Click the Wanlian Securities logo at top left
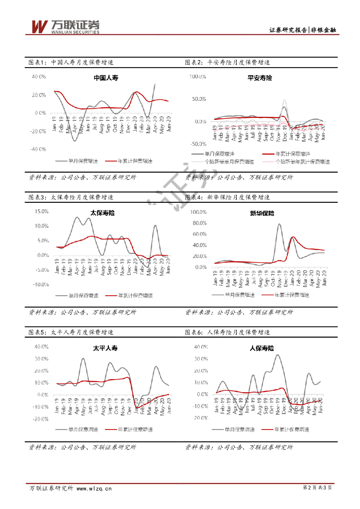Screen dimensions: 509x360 pyautogui.click(x=65, y=26)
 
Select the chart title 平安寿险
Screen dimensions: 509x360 pyautogui.click(x=260, y=78)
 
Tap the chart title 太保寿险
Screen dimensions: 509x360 pyautogui.click(x=102, y=213)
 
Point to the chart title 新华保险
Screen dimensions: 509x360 pyautogui.click(x=262, y=213)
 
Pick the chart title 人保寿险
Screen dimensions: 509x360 pyautogui.click(x=262, y=348)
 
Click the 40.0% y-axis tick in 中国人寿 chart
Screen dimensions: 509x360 pyautogui.click(x=39, y=77)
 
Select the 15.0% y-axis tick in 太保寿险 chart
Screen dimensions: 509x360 pyautogui.click(x=41, y=211)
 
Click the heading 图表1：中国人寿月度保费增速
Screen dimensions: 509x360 pyautogui.click(x=71, y=63)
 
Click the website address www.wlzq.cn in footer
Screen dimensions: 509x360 pyautogui.click(x=94, y=488)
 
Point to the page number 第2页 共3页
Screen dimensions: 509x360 pyautogui.click(x=317, y=488)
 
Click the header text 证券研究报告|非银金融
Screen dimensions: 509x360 pyautogui.click(x=302, y=30)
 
